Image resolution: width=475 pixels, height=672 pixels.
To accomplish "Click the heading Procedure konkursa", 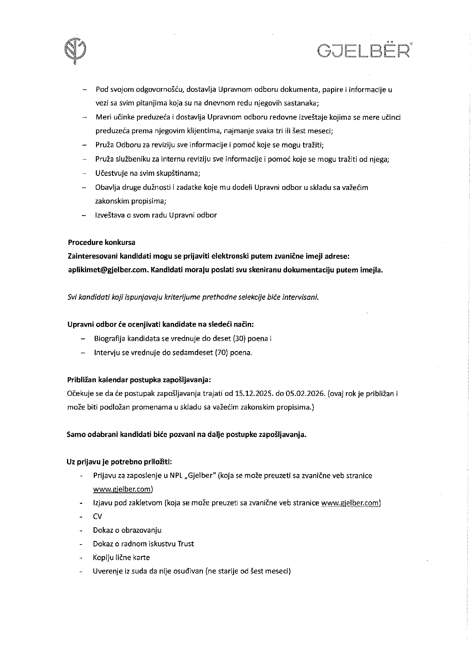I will [x=101, y=242].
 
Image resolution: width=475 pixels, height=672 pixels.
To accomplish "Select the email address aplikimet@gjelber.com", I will [x=108, y=270].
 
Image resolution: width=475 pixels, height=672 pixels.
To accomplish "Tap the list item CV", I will [x=98, y=517].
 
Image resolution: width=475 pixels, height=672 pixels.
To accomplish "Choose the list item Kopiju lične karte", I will [x=121, y=558].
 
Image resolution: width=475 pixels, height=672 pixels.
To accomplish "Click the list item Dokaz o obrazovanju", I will [x=127, y=530].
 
